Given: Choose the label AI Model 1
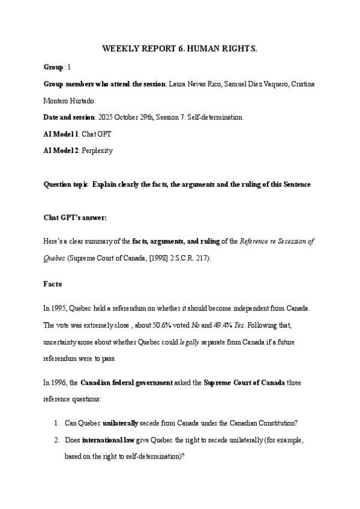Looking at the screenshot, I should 61,134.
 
